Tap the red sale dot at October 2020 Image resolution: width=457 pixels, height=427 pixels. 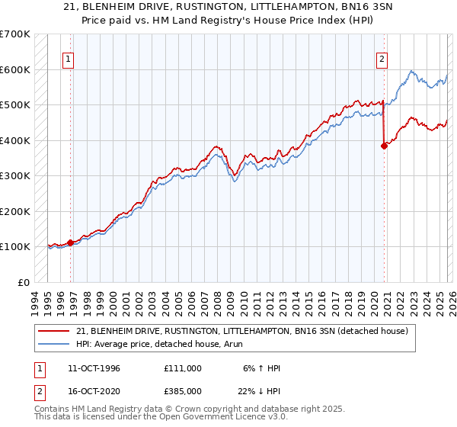(x=384, y=146)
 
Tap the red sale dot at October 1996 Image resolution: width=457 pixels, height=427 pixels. (x=71, y=242)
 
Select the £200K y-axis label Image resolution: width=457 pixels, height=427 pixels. (x=15, y=211)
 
